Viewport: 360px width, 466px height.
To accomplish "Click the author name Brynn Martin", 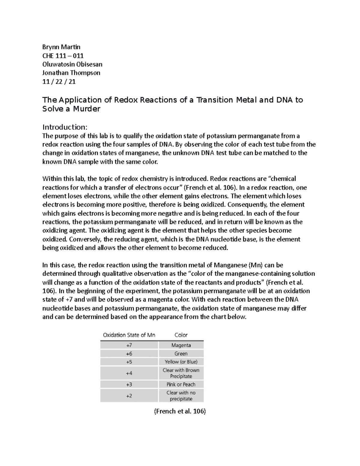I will point(61,47).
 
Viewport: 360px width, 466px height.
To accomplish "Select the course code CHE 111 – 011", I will point(63,56).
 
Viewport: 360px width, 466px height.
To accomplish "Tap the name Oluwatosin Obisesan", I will point(72,64).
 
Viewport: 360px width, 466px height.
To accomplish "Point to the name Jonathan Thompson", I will point(71,73).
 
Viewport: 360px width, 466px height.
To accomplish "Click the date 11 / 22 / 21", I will point(59,81).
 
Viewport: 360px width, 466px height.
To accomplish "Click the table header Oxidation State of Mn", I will point(129,335).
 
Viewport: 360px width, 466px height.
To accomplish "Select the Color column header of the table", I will point(181,335).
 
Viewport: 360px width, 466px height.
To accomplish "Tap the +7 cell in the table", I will point(129,345).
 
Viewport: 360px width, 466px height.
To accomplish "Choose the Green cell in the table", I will point(181,354).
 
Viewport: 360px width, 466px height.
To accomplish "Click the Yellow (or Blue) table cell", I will point(181,362).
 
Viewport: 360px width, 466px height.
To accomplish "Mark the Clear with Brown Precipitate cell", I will point(181,373).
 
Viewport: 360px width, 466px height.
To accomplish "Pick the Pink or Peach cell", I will point(181,384).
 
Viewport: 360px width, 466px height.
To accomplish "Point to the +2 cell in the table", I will point(129,396).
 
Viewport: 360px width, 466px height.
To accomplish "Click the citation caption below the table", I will point(180,411).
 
